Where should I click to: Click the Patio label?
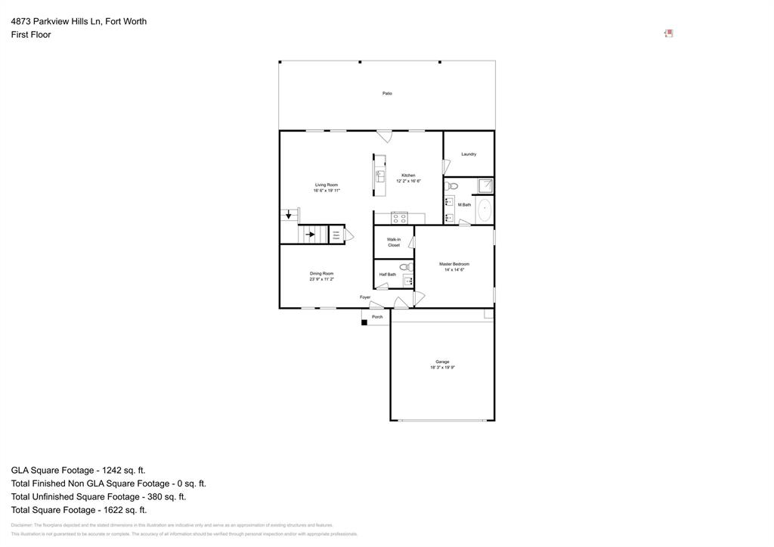coord(387,93)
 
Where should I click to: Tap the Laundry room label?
coord(469,154)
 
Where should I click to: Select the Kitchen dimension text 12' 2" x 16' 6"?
coord(408,182)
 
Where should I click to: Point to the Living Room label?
coord(327,185)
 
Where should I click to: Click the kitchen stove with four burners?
coord(400,219)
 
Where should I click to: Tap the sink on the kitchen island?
coord(380,176)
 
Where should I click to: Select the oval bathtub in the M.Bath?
coord(485,210)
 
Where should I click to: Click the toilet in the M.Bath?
coord(451,185)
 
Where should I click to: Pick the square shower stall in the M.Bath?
coord(486,186)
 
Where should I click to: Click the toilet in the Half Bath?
coord(404,266)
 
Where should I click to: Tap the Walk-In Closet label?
coord(394,242)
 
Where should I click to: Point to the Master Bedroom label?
coord(454,264)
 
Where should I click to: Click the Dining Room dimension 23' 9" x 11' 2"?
coord(321,279)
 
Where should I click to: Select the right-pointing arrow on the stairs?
coord(310,235)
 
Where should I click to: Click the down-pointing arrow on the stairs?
coord(288,216)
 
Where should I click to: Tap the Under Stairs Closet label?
coord(336,235)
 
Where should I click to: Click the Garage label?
coord(442,362)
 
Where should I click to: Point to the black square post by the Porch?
coord(364,323)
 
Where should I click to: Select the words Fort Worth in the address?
coord(125,21)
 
